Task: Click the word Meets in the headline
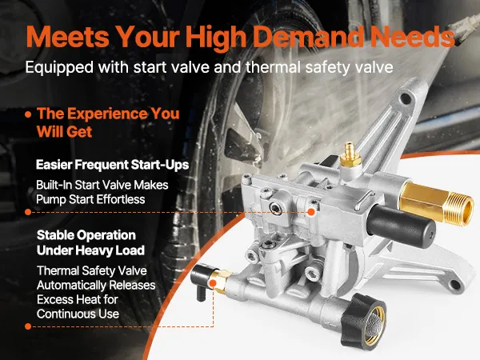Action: [68, 37]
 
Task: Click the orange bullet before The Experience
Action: [29, 114]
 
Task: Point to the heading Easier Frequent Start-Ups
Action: [112, 165]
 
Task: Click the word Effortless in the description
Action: [121, 199]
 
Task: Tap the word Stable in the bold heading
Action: [54, 235]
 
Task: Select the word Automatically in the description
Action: [71, 286]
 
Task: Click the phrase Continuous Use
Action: [78, 314]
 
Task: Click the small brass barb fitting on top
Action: [350, 154]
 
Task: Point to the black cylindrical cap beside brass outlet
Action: [402, 226]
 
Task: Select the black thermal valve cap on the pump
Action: [202, 278]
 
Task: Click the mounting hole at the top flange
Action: [406, 98]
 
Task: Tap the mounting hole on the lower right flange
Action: [455, 284]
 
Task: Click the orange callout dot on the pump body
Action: [311, 212]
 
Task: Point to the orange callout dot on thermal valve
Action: [213, 283]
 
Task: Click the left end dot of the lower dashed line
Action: [28, 326]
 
